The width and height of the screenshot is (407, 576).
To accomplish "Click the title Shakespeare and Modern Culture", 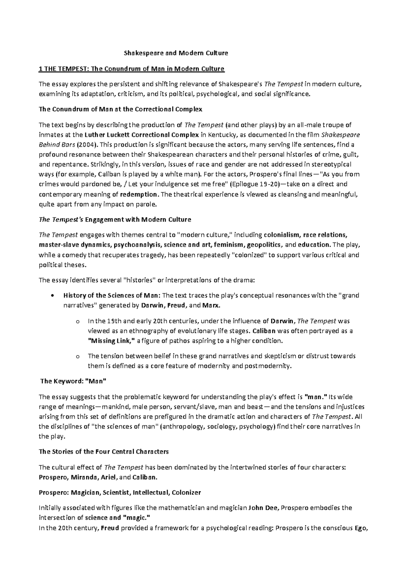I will (x=176, y=53).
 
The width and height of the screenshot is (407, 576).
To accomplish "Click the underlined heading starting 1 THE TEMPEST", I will (x=132, y=69).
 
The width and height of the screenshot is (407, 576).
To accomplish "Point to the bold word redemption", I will (x=139, y=195).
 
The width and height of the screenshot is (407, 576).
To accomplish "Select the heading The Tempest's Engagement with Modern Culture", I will (x=115, y=219).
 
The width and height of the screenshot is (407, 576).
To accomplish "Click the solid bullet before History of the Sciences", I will (x=52, y=295).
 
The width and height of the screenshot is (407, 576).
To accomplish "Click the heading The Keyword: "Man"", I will (x=73, y=381).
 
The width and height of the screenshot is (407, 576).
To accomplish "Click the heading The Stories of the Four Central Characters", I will (x=104, y=452).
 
